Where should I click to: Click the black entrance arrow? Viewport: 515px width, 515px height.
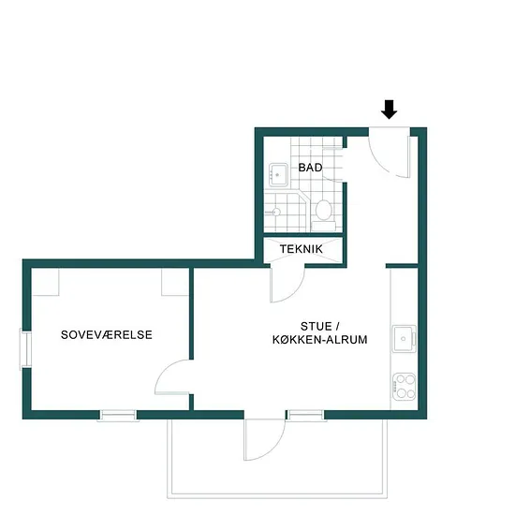coord(390,110)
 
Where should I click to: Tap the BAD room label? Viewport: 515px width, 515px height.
coord(310,168)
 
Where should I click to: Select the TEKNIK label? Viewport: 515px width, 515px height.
coord(302,249)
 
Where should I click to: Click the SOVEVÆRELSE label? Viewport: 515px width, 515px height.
coord(107,334)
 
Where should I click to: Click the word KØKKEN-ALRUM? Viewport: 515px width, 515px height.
coord(320,340)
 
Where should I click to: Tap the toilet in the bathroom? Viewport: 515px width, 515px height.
coord(324,213)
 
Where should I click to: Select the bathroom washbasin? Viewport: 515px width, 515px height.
coord(278,175)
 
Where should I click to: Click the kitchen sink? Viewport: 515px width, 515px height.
coord(405,339)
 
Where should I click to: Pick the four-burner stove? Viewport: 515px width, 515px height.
coord(405,386)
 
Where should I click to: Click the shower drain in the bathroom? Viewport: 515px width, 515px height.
coord(276,212)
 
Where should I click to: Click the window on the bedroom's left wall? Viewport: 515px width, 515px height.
coord(25,348)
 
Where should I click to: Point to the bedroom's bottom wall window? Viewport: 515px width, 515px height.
coord(118,415)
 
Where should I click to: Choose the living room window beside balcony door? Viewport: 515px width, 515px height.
coord(306,415)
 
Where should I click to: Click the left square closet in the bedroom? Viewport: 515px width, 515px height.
coord(45,282)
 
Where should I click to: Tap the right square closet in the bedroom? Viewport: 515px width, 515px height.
coord(175,282)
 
